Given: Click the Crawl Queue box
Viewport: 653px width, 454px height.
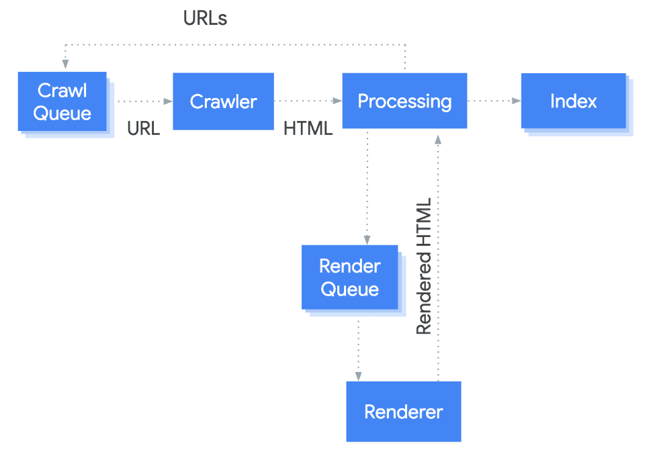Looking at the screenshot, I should pos(62,101).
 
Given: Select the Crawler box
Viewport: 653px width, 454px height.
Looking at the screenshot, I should pos(223,101).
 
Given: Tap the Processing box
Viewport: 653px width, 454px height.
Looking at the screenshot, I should pos(404,101).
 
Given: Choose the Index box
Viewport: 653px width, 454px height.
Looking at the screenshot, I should pos(573,101).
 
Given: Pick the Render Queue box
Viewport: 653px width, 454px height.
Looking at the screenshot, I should pos(349,277).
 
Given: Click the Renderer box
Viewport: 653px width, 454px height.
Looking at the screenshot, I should pos(403,411).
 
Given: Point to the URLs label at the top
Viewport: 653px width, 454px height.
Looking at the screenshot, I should pos(205,19).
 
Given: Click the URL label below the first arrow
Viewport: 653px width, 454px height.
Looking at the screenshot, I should pos(144,129).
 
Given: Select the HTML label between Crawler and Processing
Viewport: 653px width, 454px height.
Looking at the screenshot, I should pos(308,129).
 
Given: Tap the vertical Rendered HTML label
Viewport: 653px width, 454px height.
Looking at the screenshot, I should pos(424,267).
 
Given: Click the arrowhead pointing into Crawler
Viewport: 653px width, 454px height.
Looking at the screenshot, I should pos(168,101).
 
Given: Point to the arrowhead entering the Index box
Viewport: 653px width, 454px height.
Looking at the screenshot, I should pos(516,101).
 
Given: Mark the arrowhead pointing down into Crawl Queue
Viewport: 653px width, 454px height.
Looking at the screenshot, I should pos(65,64).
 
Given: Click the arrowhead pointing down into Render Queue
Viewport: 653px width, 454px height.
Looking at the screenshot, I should pos(367,239).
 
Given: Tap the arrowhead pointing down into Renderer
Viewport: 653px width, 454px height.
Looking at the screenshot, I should pos(358,376).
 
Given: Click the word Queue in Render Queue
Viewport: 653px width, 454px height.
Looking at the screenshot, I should pos(349,289).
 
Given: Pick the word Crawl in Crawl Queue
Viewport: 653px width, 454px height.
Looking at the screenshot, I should pos(62,90).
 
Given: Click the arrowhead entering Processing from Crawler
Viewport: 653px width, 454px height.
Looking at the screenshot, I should pos(337,101).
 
